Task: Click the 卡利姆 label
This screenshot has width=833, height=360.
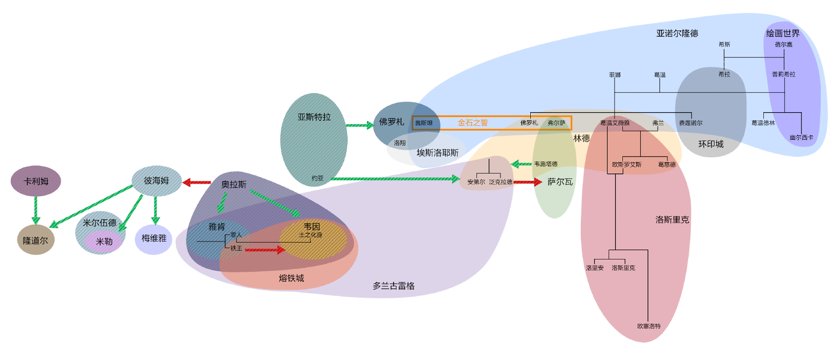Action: [x=35, y=181]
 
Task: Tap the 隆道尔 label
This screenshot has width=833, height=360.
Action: [x=35, y=240]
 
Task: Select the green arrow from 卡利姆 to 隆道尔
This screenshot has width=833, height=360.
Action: [x=35, y=209]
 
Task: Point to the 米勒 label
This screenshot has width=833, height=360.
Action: [x=104, y=241]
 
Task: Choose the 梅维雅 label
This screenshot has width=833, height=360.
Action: [x=153, y=238]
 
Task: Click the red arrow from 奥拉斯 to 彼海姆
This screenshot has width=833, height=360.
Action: [x=196, y=182]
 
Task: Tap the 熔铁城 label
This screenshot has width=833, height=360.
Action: [x=292, y=278]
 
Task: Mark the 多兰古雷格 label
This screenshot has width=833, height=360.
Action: [x=394, y=286]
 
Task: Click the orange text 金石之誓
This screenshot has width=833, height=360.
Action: [x=472, y=122]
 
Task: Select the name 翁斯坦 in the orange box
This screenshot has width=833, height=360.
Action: [x=424, y=123]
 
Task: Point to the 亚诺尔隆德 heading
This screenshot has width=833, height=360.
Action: [x=677, y=33]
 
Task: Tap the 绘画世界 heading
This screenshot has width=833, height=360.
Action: [x=782, y=34]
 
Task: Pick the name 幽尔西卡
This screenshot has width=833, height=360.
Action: [x=801, y=137]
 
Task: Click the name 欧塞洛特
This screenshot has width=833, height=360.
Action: [x=649, y=326]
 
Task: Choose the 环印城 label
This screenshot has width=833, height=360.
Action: [x=711, y=144]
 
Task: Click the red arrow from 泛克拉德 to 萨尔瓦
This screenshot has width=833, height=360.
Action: [x=527, y=182]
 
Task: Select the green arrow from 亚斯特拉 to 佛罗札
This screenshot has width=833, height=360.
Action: [x=359, y=125]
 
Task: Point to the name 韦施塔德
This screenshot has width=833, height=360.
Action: [x=545, y=164]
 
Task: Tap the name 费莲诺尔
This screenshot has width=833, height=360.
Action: [x=690, y=122]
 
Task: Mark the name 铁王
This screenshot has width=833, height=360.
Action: [x=236, y=248]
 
